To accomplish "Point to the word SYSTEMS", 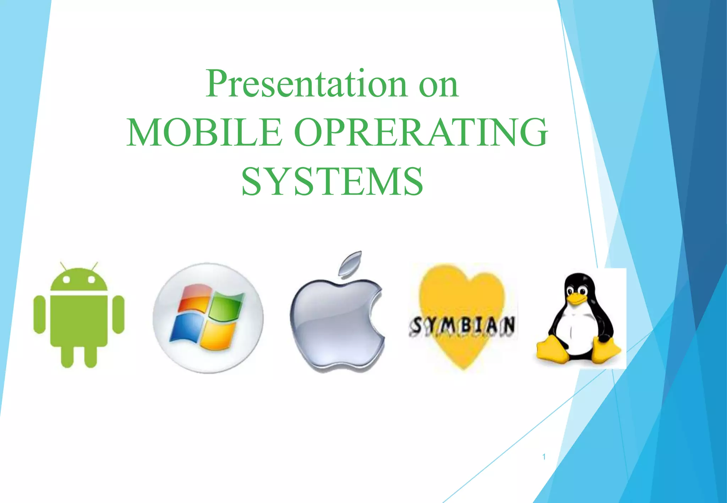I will point(332,182).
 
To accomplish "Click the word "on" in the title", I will point(439,85).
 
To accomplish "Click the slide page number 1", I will point(544,457).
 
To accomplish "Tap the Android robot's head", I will point(79,281).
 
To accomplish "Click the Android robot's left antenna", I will point(63,266).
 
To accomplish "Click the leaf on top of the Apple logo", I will point(351,263).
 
